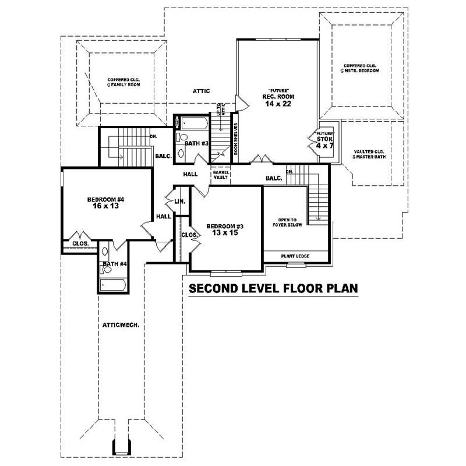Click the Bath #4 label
pyautogui.click(x=114, y=264)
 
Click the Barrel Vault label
pyautogui.click(x=221, y=175)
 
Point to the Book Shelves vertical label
pyautogui.click(x=236, y=140)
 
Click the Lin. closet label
pyautogui.click(x=179, y=202)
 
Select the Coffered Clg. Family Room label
pyautogui.click(x=124, y=82)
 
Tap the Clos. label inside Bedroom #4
pyautogui.click(x=80, y=243)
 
